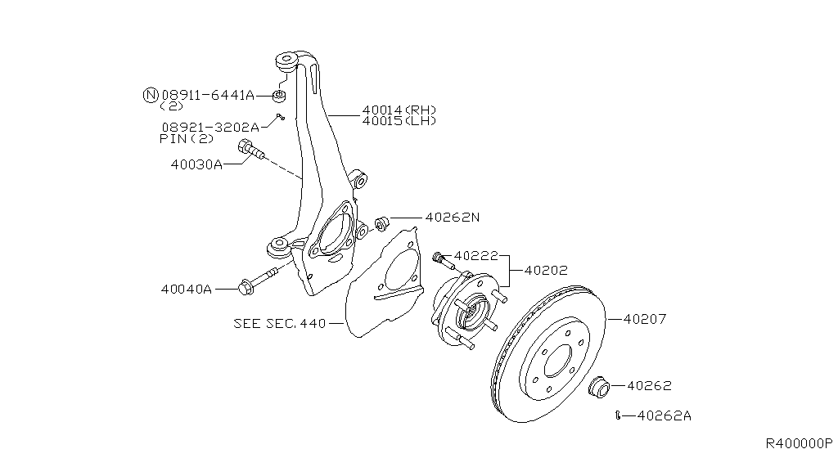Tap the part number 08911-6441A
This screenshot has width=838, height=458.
208,95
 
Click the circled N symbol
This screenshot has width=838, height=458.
150,95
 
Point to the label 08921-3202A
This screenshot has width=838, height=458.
209,127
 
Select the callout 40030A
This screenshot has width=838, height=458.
196,164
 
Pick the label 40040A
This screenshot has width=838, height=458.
186,289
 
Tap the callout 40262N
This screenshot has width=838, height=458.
452,218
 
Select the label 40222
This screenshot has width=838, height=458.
475,256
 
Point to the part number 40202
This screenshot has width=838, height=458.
546,269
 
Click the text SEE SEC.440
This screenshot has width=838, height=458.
278,323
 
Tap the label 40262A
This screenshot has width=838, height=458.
664,415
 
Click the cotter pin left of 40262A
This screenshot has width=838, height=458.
620,415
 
